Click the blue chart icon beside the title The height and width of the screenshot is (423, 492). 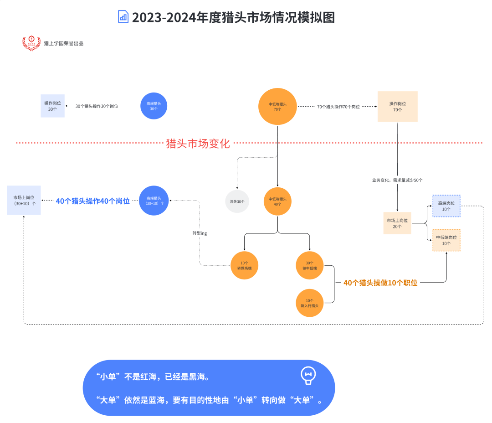click(x=123, y=17)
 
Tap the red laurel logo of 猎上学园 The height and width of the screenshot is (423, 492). click(x=31, y=43)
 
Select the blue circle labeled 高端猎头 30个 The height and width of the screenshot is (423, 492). click(x=154, y=106)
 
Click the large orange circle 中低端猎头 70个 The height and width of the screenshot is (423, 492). click(x=278, y=107)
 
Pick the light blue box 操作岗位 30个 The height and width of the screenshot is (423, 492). click(x=53, y=106)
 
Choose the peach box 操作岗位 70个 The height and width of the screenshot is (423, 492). click(x=397, y=106)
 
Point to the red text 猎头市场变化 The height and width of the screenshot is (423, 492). click(x=198, y=144)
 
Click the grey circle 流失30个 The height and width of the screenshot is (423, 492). click(x=237, y=201)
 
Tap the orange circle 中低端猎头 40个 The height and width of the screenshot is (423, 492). click(x=278, y=201)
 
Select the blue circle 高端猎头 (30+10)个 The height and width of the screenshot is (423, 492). click(x=154, y=201)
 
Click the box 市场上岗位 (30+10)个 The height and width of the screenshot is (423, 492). click(x=24, y=200)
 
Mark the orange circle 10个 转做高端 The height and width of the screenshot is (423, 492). click(x=244, y=265)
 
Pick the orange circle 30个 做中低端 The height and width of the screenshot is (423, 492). click(x=310, y=265)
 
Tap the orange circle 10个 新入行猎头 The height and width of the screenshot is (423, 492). click(x=310, y=303)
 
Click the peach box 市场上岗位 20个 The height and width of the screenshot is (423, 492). click(x=397, y=223)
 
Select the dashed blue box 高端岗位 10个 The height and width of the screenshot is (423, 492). click(x=446, y=206)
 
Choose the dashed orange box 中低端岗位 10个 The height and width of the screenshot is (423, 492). click(x=446, y=240)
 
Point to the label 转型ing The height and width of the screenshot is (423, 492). click(x=200, y=233)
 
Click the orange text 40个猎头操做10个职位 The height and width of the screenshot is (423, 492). click(x=380, y=283)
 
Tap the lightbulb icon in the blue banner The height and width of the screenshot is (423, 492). click(x=308, y=375)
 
